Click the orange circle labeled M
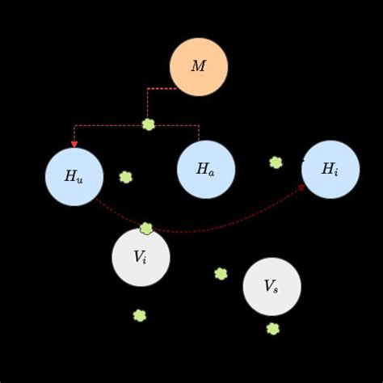[199, 67]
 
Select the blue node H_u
[74, 177]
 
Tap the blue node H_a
[206, 170]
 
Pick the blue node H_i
[330, 170]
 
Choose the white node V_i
[141, 258]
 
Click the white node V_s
[271, 287]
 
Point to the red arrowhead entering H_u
[74, 144]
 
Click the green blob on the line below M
[149, 124]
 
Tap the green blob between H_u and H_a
[126, 177]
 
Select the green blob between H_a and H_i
[276, 162]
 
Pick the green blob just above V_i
[146, 229]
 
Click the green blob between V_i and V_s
[221, 274]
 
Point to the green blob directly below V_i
[140, 315]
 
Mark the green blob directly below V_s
[273, 329]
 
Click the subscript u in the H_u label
[79, 180]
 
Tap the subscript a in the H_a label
[211, 173]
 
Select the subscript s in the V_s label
[276, 290]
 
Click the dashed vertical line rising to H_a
[199, 133]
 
